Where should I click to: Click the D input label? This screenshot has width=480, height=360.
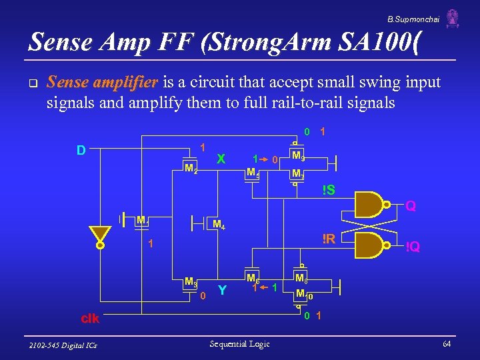(81, 150)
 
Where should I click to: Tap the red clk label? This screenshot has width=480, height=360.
(90, 319)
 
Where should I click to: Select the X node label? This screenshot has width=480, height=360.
(221, 159)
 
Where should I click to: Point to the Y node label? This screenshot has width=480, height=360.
(222, 291)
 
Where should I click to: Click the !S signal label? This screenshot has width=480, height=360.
(328, 190)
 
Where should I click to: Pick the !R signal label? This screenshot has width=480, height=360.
(328, 239)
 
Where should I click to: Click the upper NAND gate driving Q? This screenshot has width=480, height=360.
(372, 204)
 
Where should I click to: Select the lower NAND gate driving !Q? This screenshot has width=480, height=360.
(372, 245)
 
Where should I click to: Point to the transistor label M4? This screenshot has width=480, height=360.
(218, 225)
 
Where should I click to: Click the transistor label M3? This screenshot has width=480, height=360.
(191, 281)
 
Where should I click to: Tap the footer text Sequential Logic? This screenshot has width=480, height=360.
(239, 343)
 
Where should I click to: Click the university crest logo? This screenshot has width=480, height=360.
(453, 18)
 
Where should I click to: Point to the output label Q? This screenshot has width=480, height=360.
(411, 207)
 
